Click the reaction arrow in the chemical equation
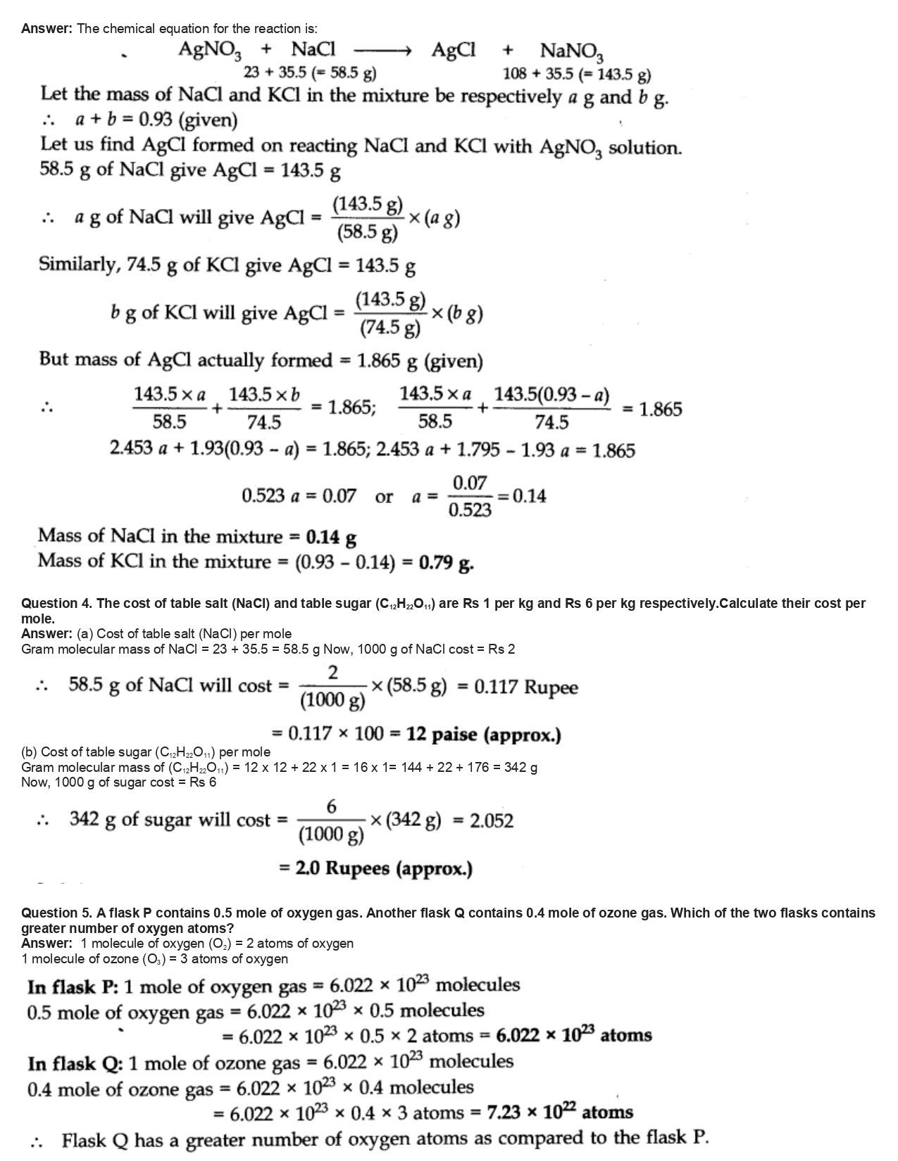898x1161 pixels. [x=381, y=50]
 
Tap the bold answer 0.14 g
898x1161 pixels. [x=331, y=538]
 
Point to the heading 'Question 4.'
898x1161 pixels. [x=56, y=604]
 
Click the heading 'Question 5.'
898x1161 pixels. [x=56, y=913]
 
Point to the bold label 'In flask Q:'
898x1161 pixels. [x=73, y=1062]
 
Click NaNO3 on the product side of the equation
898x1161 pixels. [x=572, y=51]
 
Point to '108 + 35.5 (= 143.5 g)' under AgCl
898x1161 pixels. [x=576, y=75]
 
